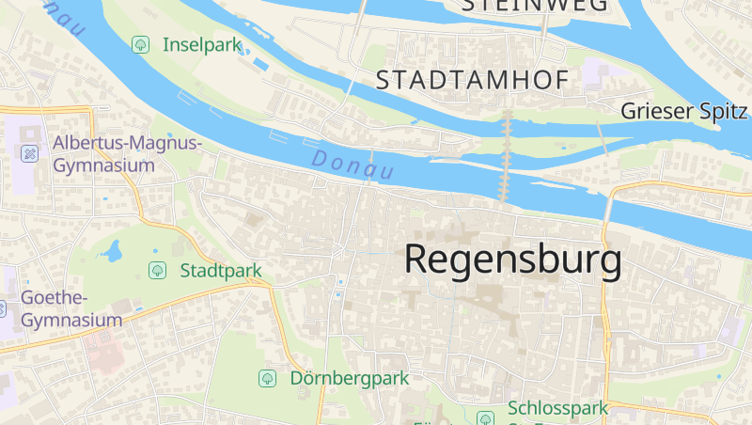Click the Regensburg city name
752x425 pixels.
[512, 260]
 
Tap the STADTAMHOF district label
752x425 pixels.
[472, 81]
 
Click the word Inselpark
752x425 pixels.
[202, 44]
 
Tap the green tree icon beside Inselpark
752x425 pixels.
[141, 44]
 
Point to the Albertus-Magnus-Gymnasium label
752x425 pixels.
[128, 154]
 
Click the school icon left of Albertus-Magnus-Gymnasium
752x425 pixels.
[30, 153]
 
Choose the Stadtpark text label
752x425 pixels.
[221, 271]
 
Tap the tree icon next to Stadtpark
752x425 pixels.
[157, 271]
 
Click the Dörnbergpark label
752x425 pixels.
[349, 378]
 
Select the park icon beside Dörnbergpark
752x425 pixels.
[267, 378]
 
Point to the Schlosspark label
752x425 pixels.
[557, 409]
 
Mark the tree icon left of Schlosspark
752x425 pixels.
[485, 418]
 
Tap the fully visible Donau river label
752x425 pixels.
[352, 165]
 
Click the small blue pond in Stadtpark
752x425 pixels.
[113, 251]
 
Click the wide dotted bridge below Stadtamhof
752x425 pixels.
[508, 155]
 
